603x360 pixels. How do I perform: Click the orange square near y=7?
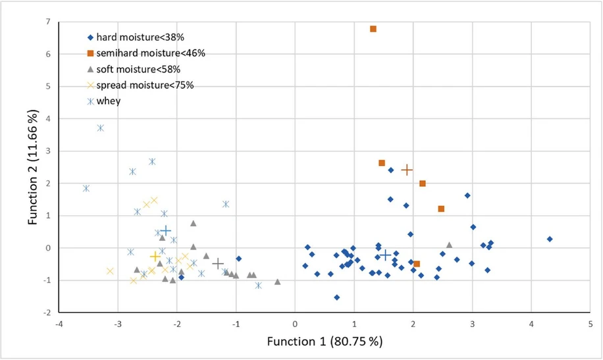(373, 29)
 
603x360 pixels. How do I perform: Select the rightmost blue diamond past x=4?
(550, 239)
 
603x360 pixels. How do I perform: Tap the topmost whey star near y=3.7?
(100, 128)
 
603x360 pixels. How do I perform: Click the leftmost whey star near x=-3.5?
(86, 188)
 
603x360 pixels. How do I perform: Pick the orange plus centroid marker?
(407, 170)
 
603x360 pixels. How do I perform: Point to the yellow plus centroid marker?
(155, 257)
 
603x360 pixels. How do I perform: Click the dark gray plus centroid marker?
(218, 263)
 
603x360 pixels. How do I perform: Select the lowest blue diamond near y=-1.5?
(336, 297)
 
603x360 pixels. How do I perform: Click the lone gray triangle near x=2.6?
(449, 245)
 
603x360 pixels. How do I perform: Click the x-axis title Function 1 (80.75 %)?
(324, 342)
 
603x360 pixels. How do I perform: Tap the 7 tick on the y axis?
(47, 22)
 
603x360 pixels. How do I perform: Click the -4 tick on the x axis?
(59, 324)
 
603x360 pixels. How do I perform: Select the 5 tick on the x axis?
(590, 324)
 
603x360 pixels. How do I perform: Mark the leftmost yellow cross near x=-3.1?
(110, 271)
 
